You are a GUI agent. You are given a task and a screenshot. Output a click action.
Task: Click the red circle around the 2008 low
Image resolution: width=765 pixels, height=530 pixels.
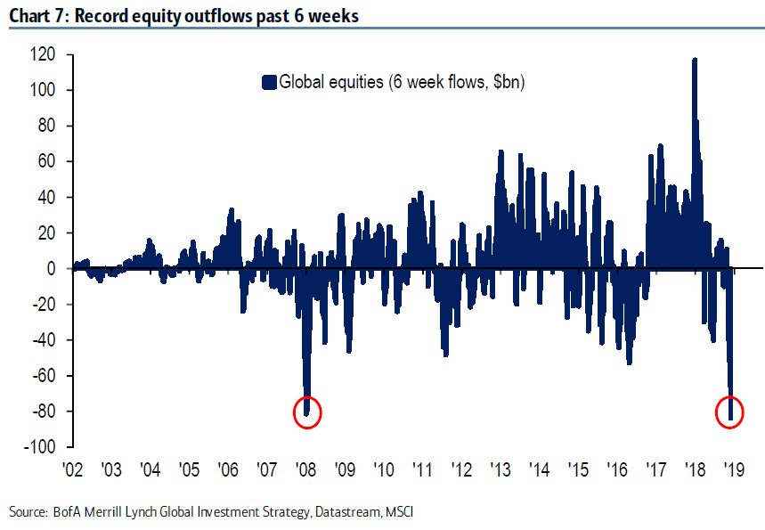(x=306, y=412)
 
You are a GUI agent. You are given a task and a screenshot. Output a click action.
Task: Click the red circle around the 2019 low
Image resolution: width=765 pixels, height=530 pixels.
(x=730, y=412)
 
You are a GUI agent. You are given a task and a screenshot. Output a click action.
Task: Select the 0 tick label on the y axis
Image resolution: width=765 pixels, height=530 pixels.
(x=53, y=268)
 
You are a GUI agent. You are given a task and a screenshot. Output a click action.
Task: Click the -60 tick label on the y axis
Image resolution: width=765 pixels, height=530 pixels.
(x=44, y=375)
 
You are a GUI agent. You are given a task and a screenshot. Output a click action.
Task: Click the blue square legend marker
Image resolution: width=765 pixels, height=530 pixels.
(x=268, y=83)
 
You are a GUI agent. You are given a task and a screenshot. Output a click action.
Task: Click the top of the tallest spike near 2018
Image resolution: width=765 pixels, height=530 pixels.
(x=695, y=60)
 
